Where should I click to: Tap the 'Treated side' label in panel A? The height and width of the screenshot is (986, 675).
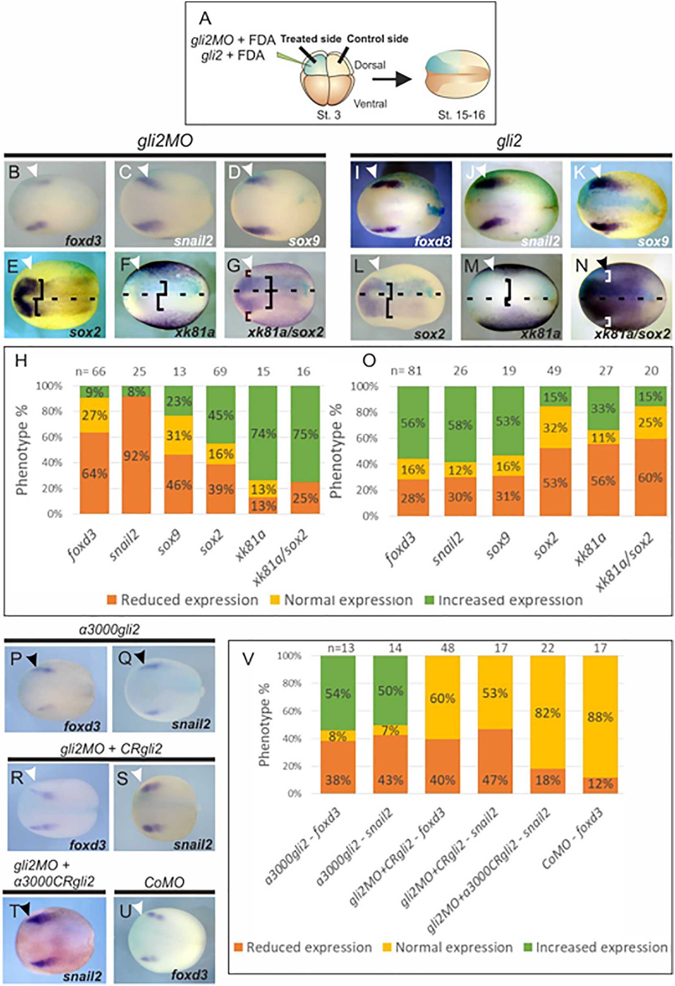(311, 39)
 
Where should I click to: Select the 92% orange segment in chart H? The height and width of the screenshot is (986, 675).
(136, 455)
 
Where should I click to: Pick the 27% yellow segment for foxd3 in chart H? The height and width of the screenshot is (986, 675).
(94, 415)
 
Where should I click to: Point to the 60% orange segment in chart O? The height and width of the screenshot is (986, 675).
(650, 477)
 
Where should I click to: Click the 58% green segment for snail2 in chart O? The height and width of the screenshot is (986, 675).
(460, 424)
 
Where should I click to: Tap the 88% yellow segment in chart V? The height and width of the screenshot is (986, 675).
(600, 717)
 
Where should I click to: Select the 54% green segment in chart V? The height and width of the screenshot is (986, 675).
(338, 693)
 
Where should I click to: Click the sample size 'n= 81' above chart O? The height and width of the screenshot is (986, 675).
(406, 371)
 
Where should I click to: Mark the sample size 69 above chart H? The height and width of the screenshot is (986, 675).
(220, 371)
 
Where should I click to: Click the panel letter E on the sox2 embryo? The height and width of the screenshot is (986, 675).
(13, 267)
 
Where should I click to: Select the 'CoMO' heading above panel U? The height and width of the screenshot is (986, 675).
(164, 883)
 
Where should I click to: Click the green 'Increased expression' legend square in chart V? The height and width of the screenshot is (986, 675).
(528, 947)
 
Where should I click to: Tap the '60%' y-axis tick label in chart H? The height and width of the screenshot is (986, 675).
(52, 437)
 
